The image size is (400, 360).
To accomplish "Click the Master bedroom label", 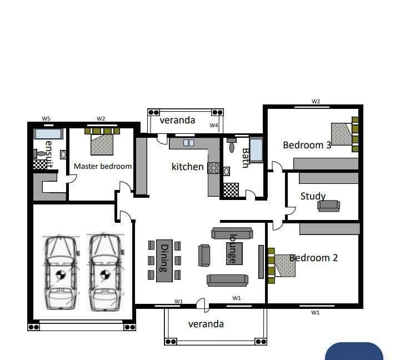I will coord(103,166).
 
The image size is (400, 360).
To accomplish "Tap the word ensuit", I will coord(49,154).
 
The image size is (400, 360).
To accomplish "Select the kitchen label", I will coord(187,167).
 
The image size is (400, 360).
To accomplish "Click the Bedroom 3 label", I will coord(307,145).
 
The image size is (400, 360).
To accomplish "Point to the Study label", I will coord(313,196).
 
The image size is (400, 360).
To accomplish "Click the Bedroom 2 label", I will coord(313,258).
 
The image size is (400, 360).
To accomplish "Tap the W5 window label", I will coord(47,119).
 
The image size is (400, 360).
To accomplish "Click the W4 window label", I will coord(214,126).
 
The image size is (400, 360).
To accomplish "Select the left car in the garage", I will coord(61,272).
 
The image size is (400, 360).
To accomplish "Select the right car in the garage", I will coord(106,272).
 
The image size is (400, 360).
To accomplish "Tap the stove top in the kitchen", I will coord(213,168).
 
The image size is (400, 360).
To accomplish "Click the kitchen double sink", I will coord(188,143).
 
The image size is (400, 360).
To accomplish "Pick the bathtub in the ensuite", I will coord(48,134).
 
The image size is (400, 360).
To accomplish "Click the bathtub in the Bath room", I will coord(256,150).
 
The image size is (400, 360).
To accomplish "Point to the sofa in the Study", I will coord(328,206).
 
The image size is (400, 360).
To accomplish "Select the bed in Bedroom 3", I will coord(342,134).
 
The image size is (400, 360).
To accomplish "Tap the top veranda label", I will coord(177,120).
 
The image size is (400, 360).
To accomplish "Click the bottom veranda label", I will coord(206,324).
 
